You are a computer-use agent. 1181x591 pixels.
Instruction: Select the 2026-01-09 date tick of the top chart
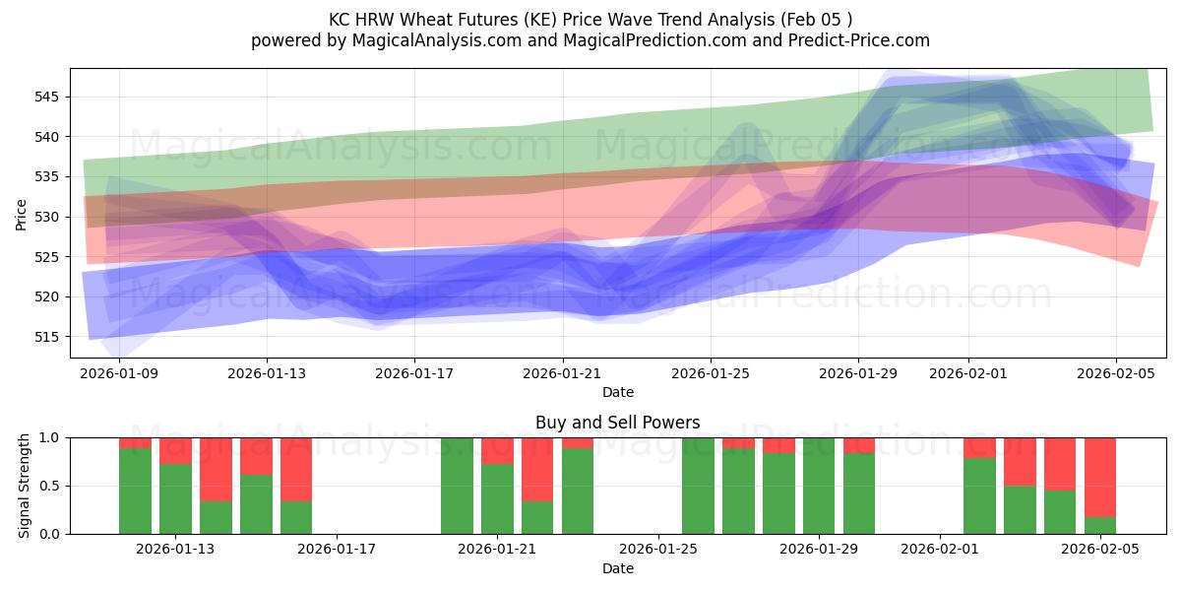(x=119, y=373)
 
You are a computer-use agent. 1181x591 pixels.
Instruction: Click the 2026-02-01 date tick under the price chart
(x=967, y=373)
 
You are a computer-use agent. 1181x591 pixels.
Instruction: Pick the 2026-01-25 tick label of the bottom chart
(x=657, y=550)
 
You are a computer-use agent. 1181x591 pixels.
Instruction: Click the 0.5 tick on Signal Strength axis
(x=49, y=486)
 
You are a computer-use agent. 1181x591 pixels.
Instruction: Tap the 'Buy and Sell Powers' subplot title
(x=617, y=423)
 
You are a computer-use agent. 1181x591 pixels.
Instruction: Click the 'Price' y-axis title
(x=22, y=214)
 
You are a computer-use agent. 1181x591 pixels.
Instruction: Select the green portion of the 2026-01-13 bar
(x=175, y=498)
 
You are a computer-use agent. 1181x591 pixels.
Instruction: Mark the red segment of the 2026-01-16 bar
(x=296, y=469)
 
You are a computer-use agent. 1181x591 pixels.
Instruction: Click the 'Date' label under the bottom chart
(x=617, y=568)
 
